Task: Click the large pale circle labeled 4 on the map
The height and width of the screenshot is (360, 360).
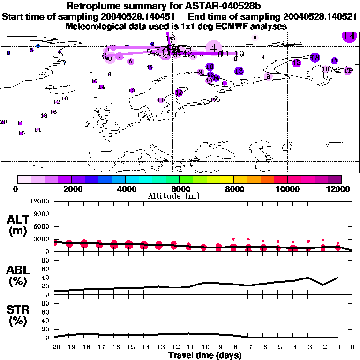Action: coord(213,47)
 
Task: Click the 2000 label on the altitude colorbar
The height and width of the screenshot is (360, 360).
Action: coord(71,189)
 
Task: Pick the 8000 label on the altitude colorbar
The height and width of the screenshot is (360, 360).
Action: coord(233,189)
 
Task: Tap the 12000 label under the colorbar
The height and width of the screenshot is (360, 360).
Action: coord(341,189)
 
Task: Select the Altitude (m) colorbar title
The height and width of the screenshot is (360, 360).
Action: coord(169,196)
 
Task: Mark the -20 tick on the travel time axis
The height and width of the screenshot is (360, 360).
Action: coord(54,347)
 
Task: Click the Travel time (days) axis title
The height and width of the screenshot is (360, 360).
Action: coord(205,356)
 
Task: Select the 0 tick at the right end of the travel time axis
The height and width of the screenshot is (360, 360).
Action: coord(352,347)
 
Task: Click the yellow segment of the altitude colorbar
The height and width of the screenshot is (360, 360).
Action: coord(227,179)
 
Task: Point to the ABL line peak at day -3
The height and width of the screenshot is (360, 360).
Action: coord(308,277)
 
